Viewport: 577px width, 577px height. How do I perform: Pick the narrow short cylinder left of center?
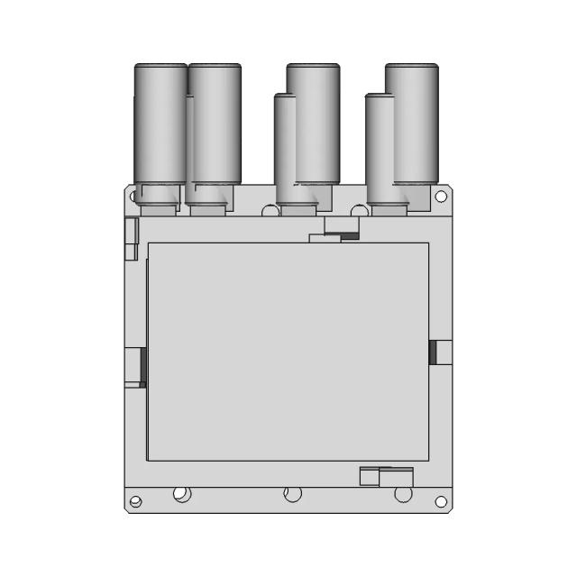pyautogui.click(x=285, y=149)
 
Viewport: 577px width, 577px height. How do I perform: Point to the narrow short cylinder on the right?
pyautogui.click(x=379, y=149)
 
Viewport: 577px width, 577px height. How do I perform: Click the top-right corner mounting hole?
pyautogui.click(x=441, y=196)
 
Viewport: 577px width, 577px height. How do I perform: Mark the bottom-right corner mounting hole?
pyautogui.click(x=441, y=502)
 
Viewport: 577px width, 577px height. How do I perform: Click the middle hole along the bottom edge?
pyautogui.click(x=292, y=494)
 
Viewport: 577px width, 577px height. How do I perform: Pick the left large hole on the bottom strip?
pyautogui.click(x=181, y=494)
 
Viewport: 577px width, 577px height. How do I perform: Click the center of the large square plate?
pyautogui.click(x=288, y=352)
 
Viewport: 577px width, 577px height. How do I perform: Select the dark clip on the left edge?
pyautogui.click(x=142, y=366)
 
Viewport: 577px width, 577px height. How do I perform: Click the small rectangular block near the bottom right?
pyautogui.click(x=386, y=476)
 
